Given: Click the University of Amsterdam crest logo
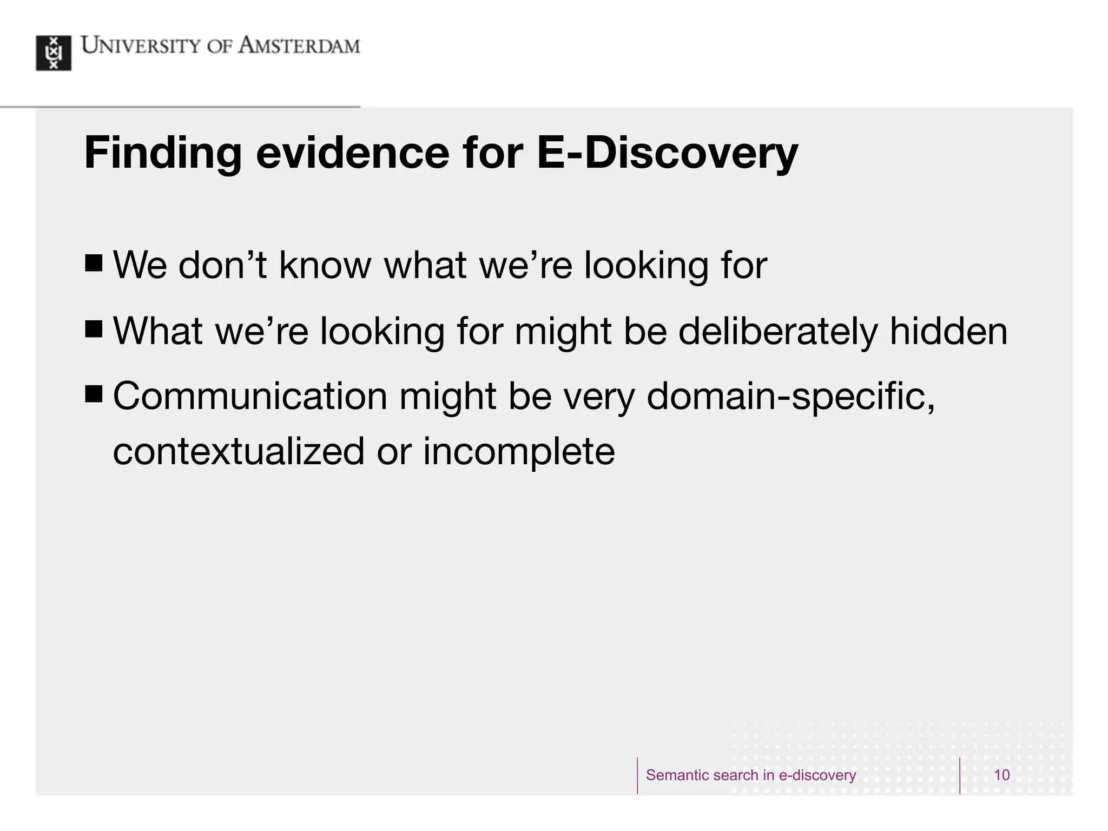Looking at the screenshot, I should [x=54, y=53].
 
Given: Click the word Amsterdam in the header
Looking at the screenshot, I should [x=299, y=45].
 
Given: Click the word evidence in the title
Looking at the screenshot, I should [x=352, y=153].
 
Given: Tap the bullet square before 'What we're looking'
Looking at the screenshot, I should [x=94, y=329].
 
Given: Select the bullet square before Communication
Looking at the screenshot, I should [x=94, y=394].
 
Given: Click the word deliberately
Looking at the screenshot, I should [x=777, y=332].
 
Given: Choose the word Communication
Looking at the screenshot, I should [x=250, y=396].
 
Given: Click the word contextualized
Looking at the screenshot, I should [x=239, y=451].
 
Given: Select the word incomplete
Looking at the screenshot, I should [x=518, y=452].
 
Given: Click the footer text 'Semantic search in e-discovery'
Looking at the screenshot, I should [x=751, y=775].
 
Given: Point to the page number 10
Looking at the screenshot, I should [x=1001, y=775].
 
